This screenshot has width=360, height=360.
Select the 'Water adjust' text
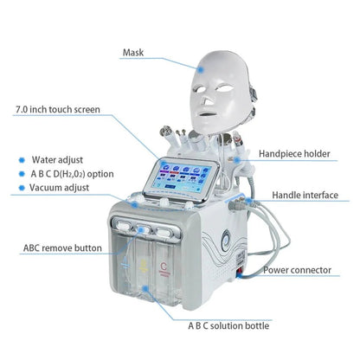(55, 159)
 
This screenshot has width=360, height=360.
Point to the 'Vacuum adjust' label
(59, 187)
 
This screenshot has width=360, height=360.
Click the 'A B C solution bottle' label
(242, 326)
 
